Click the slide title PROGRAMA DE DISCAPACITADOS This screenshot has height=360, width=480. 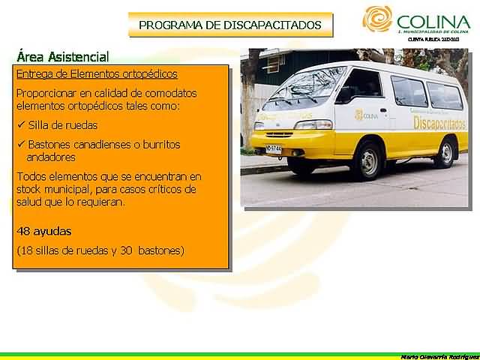230,25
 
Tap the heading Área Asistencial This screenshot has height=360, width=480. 62,57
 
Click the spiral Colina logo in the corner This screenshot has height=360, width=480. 377,19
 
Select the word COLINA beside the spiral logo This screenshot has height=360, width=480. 433,22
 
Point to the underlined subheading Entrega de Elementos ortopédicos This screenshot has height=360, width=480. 97,74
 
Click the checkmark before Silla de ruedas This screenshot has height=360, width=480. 20,125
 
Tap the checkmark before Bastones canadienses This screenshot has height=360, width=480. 20,144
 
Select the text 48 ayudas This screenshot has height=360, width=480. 44,230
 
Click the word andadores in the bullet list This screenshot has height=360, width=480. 52,157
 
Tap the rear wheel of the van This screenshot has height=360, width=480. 445,152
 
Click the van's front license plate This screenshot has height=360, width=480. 274,149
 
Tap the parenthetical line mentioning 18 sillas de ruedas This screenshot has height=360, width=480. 100,250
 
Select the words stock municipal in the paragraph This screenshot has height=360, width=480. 57,190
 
